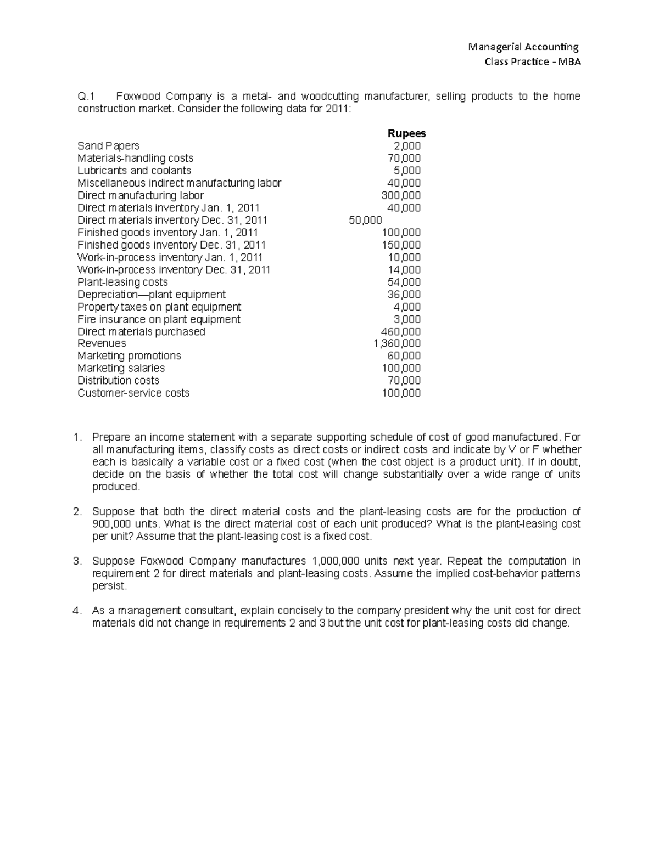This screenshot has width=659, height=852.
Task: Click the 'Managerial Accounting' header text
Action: [523, 47]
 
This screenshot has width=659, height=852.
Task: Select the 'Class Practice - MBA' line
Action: [532, 61]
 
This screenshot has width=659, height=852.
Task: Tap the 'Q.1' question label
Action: [87, 97]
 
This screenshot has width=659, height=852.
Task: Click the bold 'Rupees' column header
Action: [406, 133]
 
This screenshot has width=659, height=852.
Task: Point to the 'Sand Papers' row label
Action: [108, 146]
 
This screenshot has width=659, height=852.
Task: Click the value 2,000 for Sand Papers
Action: [407, 146]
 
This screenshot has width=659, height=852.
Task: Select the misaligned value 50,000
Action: [365, 220]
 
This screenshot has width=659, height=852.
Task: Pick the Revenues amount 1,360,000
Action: [396, 343]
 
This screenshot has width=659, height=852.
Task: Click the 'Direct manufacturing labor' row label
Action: [141, 195]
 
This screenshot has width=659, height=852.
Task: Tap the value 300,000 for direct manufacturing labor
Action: [401, 195]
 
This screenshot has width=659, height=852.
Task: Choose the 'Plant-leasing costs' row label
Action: [122, 282]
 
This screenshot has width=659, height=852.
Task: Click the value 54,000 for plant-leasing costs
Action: [404, 282]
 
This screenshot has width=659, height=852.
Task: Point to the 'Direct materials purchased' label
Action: [141, 331]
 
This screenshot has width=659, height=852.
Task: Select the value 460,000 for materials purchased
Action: [401, 331]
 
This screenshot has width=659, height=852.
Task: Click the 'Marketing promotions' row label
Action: [129, 356]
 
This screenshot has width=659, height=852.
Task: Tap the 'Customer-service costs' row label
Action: [133, 393]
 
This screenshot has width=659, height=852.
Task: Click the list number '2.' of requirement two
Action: [77, 511]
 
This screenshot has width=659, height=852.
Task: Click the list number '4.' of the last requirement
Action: [77, 611]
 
